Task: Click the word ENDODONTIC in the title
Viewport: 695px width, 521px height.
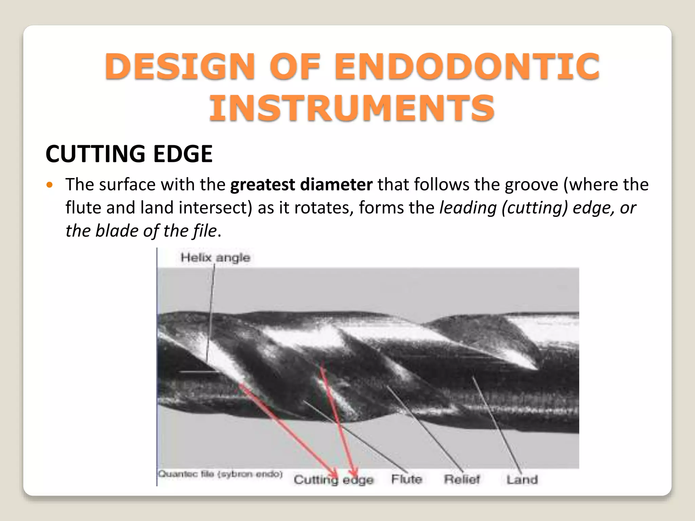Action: point(467,66)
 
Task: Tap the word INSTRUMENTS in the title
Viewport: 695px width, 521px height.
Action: point(352,109)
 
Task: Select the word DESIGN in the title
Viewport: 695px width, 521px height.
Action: point(180,66)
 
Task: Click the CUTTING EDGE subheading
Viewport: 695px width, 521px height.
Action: point(129,154)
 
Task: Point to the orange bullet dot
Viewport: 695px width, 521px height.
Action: point(50,185)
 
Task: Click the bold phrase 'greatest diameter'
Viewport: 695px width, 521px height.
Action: point(301,185)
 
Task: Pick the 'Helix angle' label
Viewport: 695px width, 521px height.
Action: point(215,257)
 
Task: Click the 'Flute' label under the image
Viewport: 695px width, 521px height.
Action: point(407,479)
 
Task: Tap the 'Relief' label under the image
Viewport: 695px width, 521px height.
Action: point(462,479)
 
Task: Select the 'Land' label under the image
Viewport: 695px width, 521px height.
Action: point(522,480)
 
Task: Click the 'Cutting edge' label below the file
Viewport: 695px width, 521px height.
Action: point(334,480)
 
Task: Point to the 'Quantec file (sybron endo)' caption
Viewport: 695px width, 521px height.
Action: point(220,474)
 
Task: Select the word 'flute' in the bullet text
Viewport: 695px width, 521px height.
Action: point(83,208)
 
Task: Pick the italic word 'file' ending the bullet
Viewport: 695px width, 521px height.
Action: point(205,231)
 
